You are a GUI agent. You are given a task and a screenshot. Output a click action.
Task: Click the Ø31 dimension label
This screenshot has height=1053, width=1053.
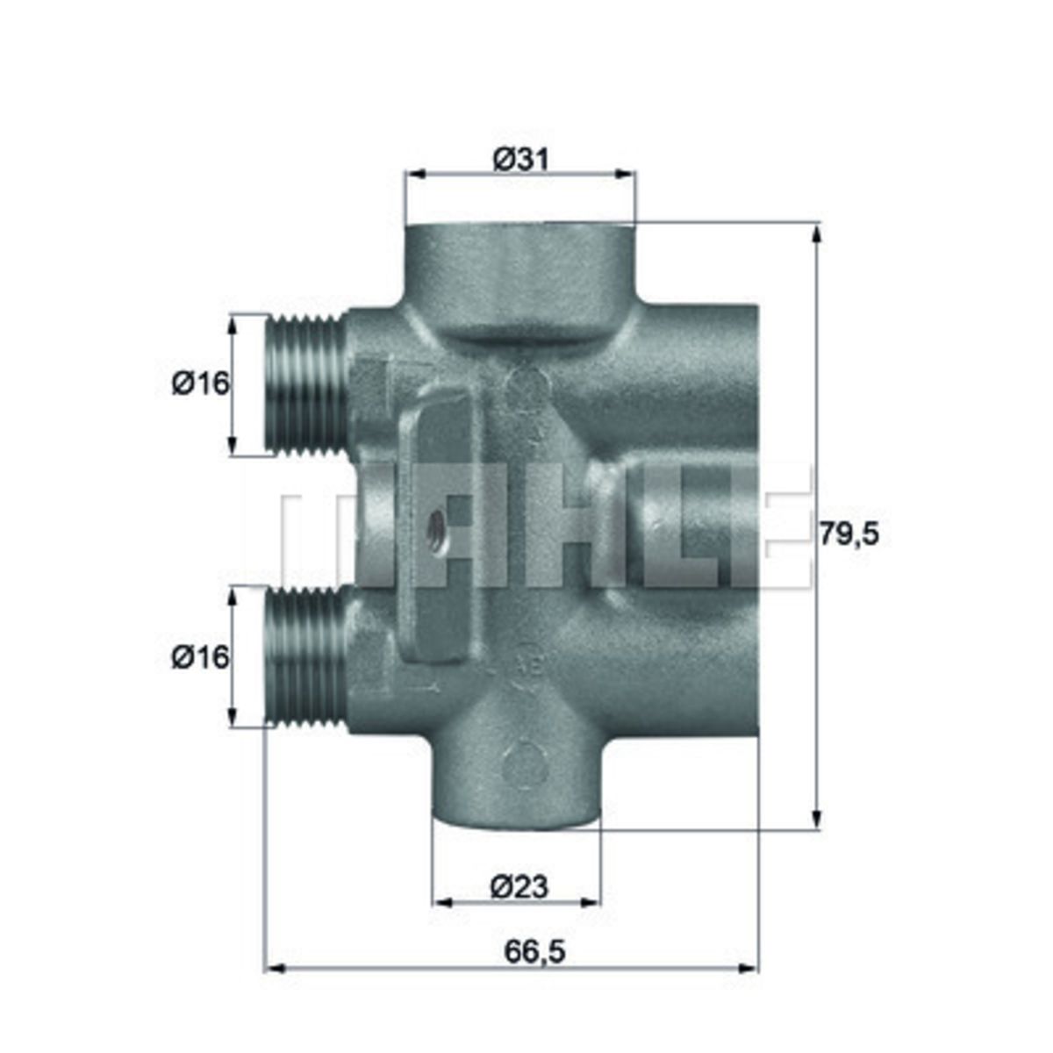[x=520, y=160]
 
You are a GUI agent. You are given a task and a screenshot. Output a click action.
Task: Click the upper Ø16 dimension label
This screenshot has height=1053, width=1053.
[x=201, y=384]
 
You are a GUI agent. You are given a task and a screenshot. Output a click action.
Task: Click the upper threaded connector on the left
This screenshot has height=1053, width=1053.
[x=307, y=384]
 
